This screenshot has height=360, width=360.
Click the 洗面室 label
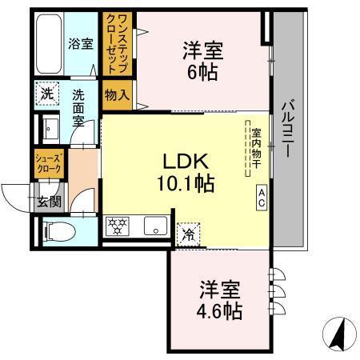pos(79,106)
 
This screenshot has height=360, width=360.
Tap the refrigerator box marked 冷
pos(189,234)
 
